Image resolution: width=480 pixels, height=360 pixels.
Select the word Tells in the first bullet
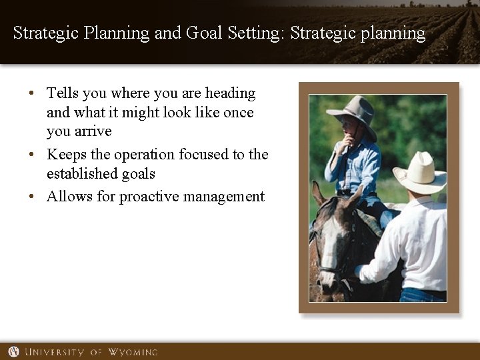63,93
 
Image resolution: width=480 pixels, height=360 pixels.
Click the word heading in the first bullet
230,93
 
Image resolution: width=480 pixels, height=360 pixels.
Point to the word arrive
93,131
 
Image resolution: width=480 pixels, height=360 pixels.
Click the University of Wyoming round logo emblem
13,351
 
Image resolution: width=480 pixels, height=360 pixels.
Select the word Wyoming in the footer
133,351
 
